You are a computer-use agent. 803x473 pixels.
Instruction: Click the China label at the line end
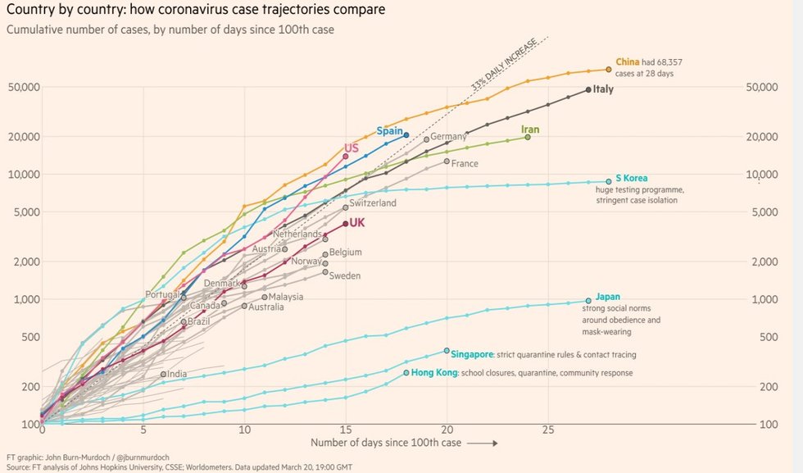627,61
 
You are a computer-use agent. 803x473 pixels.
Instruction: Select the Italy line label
603,89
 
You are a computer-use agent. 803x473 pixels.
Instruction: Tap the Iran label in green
530,130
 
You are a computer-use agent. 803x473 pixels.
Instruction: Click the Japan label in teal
607,296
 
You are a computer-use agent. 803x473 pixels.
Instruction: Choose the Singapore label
473,354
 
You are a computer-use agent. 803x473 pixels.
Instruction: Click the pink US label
352,148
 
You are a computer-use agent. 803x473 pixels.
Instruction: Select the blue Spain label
389,131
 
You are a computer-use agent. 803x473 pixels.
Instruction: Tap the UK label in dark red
358,222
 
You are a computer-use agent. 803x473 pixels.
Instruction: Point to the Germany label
448,136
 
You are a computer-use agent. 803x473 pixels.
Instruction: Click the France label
465,163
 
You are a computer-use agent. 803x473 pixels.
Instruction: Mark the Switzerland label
373,203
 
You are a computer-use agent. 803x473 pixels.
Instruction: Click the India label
177,374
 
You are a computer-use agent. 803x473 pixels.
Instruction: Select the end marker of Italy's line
588,90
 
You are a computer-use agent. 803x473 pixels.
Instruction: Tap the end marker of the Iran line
528,137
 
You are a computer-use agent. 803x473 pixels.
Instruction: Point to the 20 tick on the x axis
447,430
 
